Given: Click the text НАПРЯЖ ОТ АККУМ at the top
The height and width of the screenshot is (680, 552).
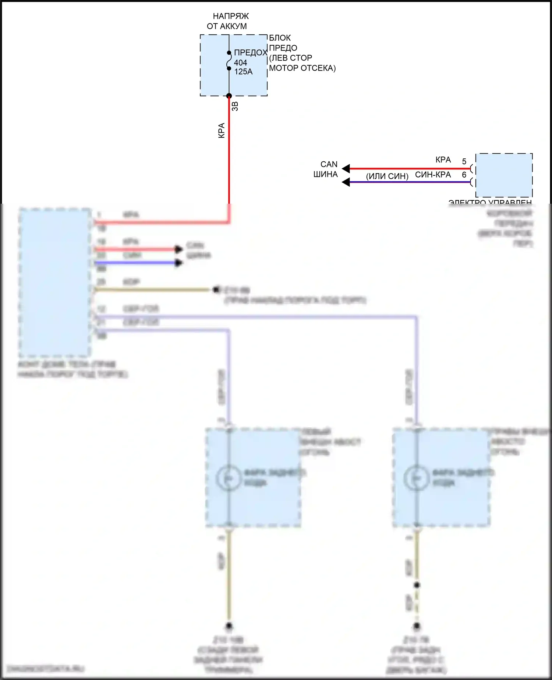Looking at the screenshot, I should [228, 21].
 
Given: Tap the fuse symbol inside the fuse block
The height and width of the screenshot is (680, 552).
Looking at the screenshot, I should [229, 60].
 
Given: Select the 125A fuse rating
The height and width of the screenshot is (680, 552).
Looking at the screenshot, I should [243, 72].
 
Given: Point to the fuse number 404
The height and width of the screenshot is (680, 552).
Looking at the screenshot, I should [240, 63].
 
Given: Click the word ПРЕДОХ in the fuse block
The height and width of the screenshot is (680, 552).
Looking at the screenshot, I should [250, 53].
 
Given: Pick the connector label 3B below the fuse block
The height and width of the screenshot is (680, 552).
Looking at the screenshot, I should [235, 106].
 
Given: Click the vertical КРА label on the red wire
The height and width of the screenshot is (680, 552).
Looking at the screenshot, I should [222, 130].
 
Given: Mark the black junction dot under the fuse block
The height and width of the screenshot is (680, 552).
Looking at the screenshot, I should [229, 96].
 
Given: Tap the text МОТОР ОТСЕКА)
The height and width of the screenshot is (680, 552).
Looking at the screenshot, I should [302, 68].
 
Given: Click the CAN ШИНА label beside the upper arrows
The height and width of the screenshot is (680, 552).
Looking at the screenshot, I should [326, 169].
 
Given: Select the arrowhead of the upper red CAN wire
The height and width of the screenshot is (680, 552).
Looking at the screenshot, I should [346, 169].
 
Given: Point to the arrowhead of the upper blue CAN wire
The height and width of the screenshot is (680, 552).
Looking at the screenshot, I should [346, 182].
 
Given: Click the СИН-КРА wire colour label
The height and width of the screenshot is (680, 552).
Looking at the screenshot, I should [433, 175].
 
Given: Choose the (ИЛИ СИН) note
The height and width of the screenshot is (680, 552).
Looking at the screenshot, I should [387, 176].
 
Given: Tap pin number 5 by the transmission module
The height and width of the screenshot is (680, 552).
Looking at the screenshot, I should [464, 161].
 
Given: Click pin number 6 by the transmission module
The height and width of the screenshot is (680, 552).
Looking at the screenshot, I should [464, 175].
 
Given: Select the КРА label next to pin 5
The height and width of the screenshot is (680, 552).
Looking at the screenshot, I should [443, 160].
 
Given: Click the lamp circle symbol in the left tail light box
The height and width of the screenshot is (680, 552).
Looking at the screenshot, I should [229, 478].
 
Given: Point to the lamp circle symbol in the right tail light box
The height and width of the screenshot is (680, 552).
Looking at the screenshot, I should [417, 478].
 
